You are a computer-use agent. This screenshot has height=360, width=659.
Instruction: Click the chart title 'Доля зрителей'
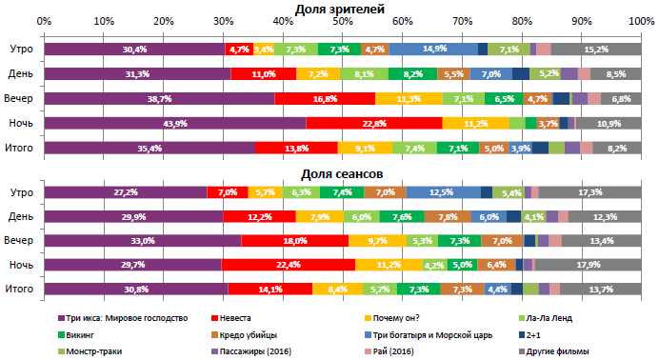point(340,9)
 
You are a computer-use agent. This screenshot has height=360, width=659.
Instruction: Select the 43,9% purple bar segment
point(174,123)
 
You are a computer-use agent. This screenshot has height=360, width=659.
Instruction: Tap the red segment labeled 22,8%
point(374,123)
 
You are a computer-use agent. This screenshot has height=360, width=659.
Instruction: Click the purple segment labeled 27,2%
point(126,192)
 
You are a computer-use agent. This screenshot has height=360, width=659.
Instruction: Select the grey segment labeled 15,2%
point(596,49)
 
